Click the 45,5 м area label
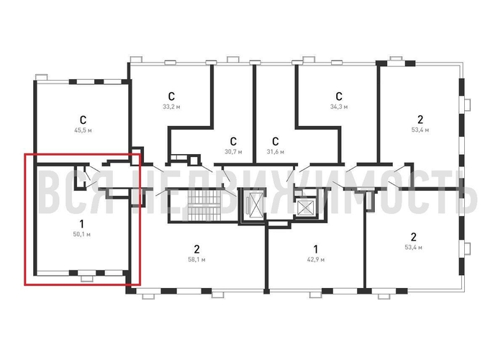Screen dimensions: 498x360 click(x=83, y=130)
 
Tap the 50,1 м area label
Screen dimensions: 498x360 click(x=81, y=235)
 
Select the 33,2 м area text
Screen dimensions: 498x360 click(x=171, y=107)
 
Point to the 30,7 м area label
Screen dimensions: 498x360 click(x=233, y=152)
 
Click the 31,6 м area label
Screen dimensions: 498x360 click(x=276, y=152)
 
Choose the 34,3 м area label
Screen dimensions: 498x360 click(x=339, y=107)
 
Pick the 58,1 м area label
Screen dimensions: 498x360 click(x=196, y=260)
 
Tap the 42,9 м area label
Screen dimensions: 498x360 click(x=316, y=260)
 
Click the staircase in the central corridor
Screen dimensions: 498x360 click(x=204, y=205)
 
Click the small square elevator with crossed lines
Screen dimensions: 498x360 click(x=306, y=208)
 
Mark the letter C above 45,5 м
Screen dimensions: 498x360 click(x=83, y=120)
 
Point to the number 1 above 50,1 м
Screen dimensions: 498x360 click(x=81, y=224)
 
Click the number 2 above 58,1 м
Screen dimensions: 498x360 click(x=196, y=249)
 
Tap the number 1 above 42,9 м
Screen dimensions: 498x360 click(x=315, y=249)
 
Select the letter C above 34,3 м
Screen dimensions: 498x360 click(x=339, y=96)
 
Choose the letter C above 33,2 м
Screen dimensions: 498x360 click(x=171, y=96)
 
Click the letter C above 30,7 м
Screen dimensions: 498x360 click(x=233, y=141)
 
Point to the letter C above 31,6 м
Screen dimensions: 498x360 click(x=276, y=141)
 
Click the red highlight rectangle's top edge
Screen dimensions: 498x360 click(x=82, y=154)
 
